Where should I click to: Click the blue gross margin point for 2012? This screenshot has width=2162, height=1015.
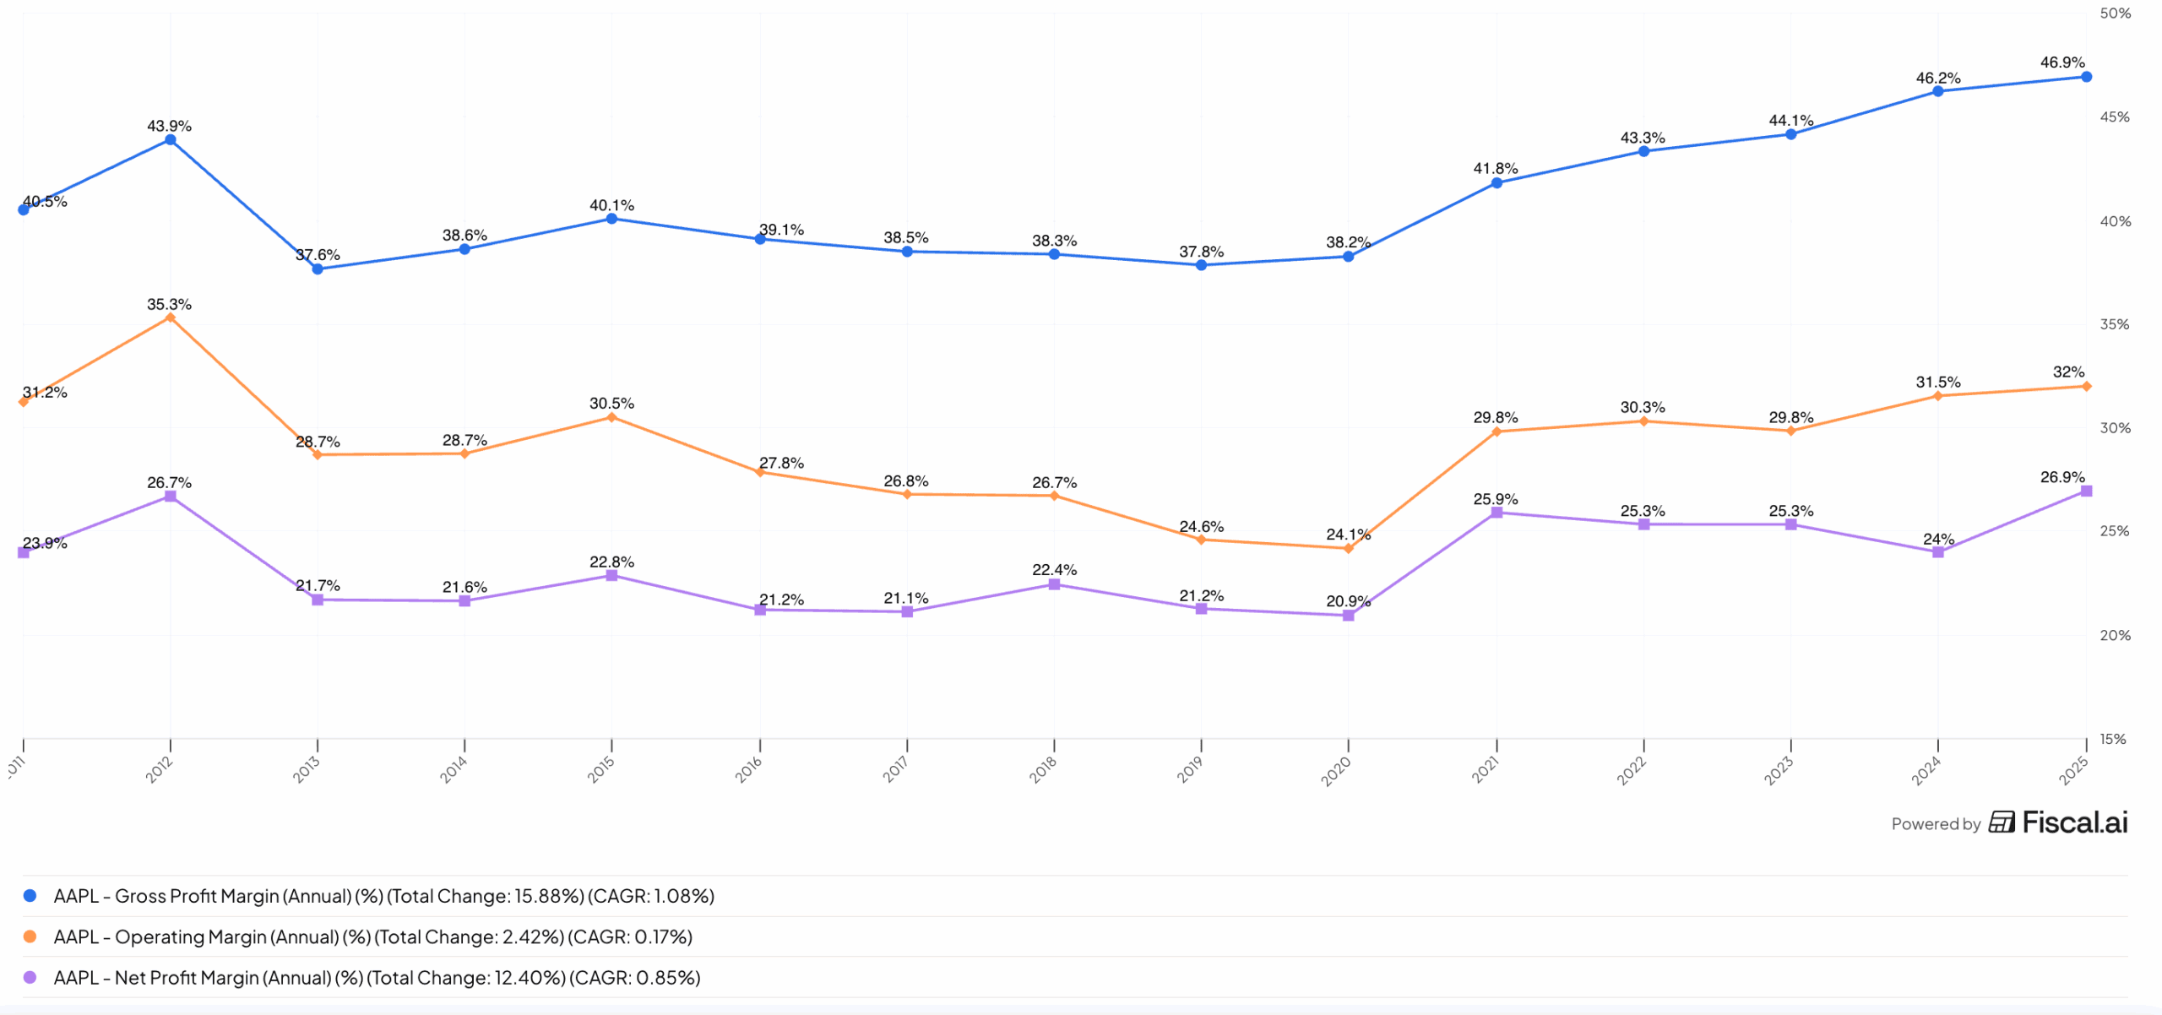click(171, 139)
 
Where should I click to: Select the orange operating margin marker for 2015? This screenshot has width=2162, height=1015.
click(611, 417)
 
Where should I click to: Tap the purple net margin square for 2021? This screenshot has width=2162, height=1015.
click(1497, 513)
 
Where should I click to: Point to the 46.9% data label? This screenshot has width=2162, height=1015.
click(2062, 62)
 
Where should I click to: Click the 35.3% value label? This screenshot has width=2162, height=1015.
click(169, 304)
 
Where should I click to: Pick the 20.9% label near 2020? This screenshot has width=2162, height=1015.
click(1347, 601)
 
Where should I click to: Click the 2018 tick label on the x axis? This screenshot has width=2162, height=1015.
click(1043, 769)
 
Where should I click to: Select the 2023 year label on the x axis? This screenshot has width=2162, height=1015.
click(1779, 770)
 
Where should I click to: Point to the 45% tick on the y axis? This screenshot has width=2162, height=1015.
click(2115, 117)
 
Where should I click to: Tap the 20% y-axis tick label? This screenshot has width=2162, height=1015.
click(2115, 635)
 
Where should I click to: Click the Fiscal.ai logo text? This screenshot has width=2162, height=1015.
click(2074, 822)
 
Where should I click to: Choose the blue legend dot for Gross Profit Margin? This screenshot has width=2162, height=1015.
click(30, 896)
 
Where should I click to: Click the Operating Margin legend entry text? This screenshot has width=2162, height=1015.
click(372, 936)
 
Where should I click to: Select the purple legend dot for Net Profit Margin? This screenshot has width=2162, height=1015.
click(30, 977)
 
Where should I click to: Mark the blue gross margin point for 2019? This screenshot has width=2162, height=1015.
click(1201, 265)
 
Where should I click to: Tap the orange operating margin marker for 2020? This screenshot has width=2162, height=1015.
click(1348, 549)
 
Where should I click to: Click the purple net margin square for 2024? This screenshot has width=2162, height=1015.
click(1938, 552)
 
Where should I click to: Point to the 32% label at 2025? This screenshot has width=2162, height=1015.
click(2068, 372)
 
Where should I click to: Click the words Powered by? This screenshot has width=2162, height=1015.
click(1936, 824)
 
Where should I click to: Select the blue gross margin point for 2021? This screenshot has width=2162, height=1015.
click(1497, 183)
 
